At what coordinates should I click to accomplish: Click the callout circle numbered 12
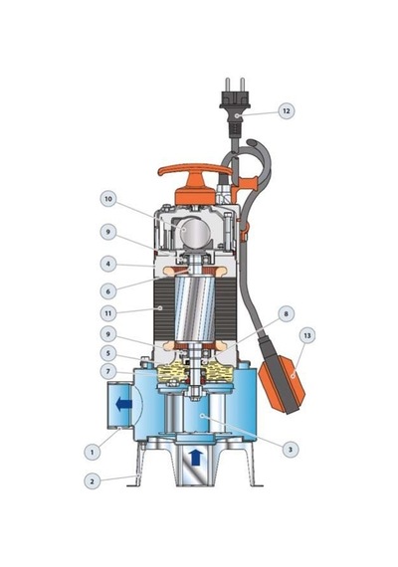pyautogui.click(x=287, y=110)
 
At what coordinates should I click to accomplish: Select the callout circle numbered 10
pyautogui.click(x=108, y=199)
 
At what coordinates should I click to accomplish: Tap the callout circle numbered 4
pyautogui.click(x=108, y=264)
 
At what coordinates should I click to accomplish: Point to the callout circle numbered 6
pyautogui.click(x=108, y=290)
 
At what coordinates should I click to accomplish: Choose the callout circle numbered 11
pyautogui.click(x=108, y=313)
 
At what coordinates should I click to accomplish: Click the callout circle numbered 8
pyautogui.click(x=287, y=313)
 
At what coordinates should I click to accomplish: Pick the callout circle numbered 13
pyautogui.click(x=307, y=335)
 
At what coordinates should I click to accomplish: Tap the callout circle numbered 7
pyautogui.click(x=108, y=371)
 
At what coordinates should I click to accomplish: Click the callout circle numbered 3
pyautogui.click(x=291, y=450)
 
